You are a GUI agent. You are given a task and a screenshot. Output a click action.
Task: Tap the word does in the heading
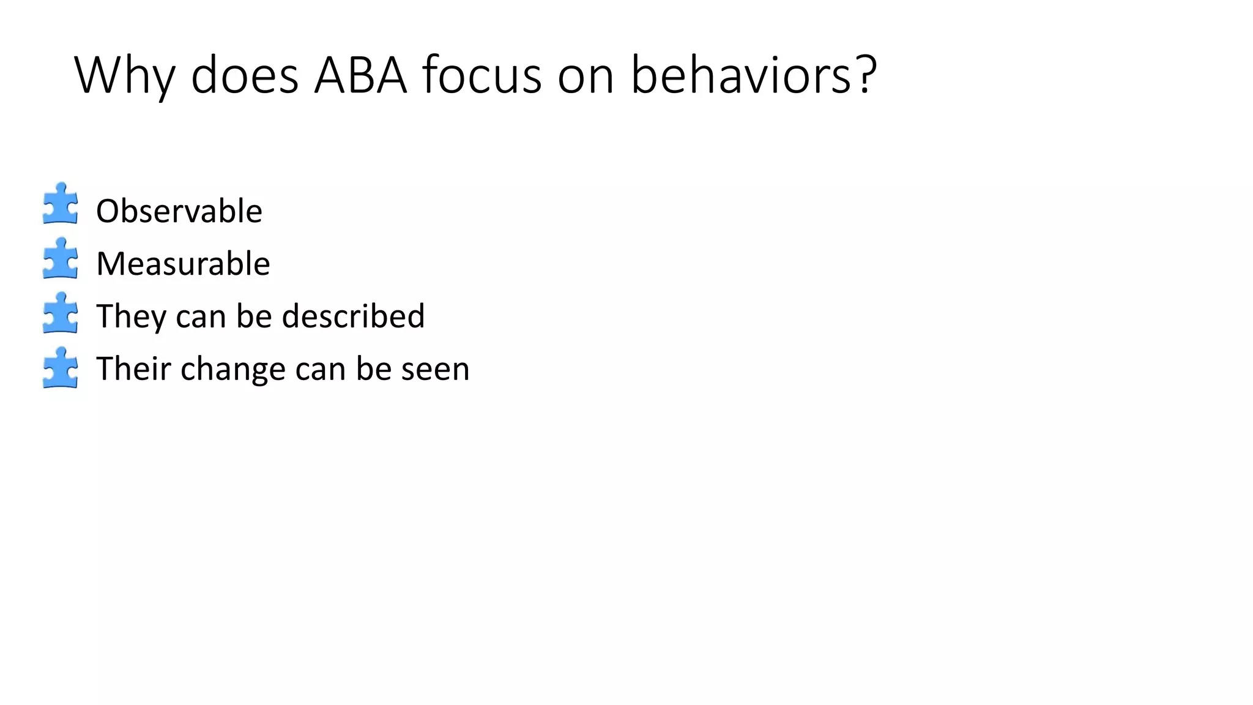(x=244, y=76)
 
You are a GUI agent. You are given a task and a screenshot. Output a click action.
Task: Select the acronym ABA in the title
(x=360, y=76)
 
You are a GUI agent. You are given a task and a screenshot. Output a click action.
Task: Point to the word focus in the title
(x=481, y=76)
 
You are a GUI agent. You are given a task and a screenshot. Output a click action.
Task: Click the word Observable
(x=179, y=211)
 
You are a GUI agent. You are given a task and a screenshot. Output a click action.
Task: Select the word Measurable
(x=183, y=264)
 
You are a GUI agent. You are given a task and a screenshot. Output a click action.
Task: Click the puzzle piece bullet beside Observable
(x=61, y=203)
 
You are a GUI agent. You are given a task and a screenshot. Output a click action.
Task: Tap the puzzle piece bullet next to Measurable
(x=61, y=258)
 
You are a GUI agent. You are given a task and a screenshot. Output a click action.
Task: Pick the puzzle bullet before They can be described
(x=61, y=313)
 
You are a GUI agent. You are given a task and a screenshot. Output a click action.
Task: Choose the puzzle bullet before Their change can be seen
(x=61, y=368)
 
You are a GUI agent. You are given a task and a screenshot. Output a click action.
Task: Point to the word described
(x=353, y=316)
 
